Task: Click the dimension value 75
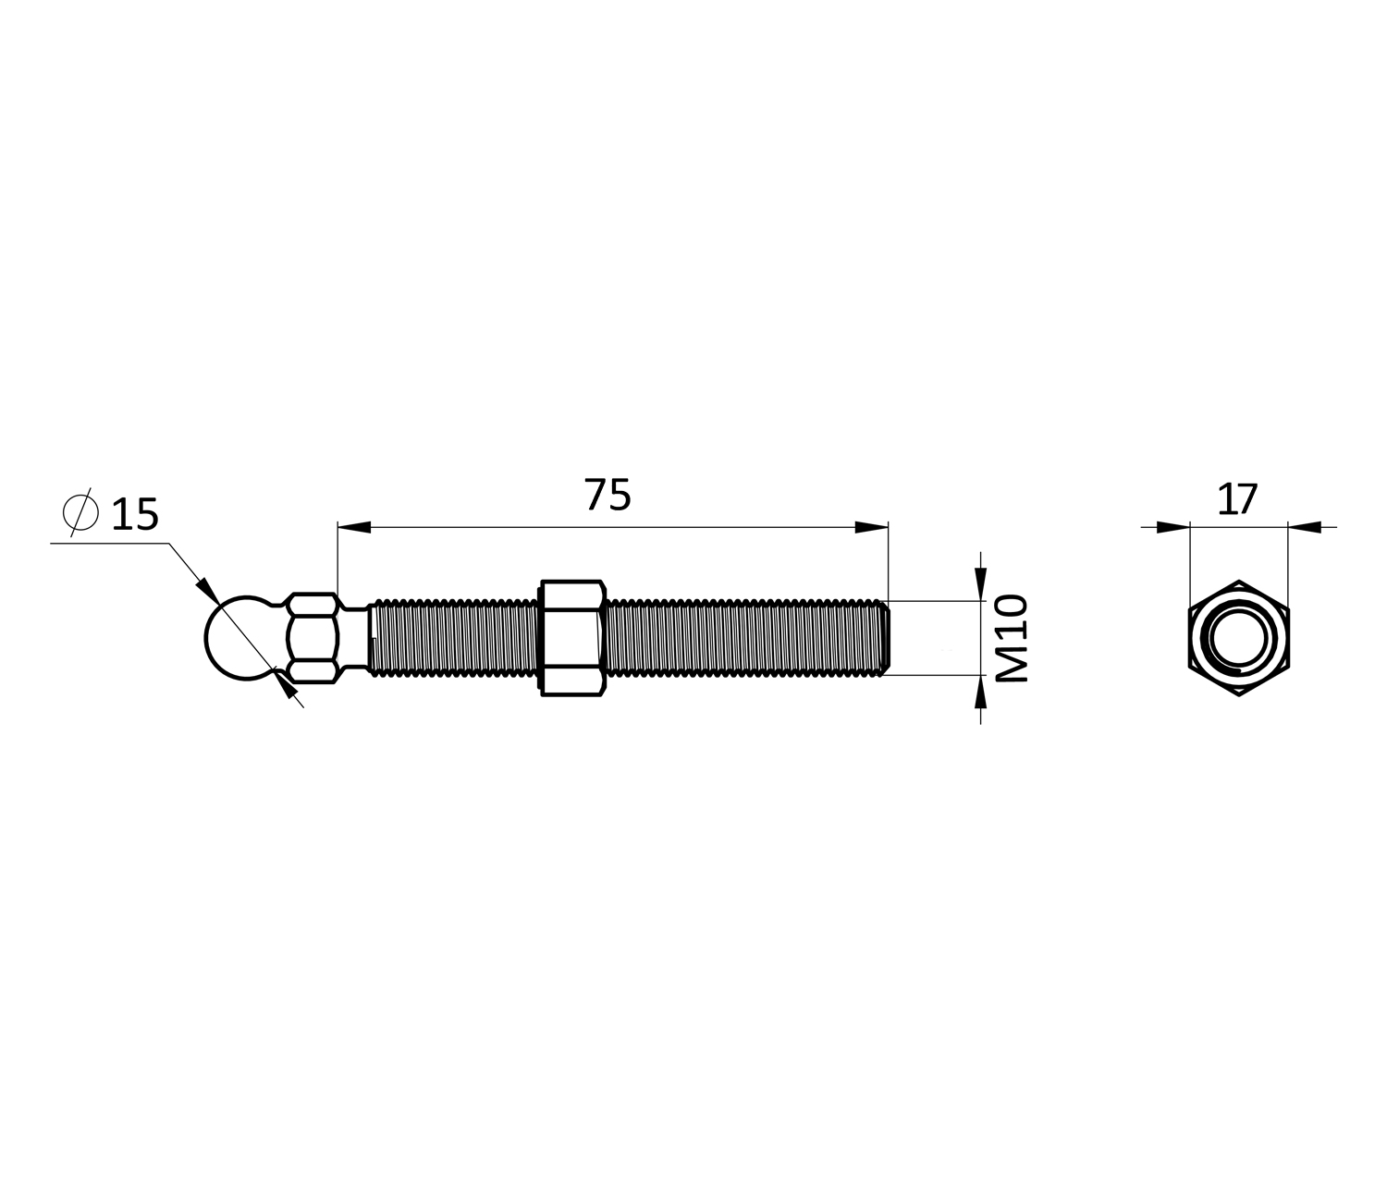(608, 495)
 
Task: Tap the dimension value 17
(1236, 499)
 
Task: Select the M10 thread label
(1012, 638)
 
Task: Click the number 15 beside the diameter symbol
(135, 515)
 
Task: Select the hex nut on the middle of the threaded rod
(573, 638)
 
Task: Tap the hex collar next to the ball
(312, 638)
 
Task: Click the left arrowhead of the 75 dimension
(354, 528)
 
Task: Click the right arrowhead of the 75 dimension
(872, 528)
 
